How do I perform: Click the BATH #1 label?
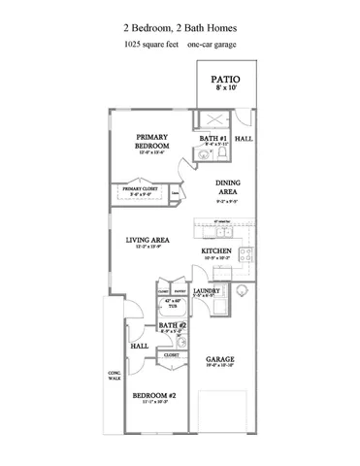(213, 139)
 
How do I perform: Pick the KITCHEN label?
(217, 251)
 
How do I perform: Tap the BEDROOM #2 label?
(154, 395)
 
